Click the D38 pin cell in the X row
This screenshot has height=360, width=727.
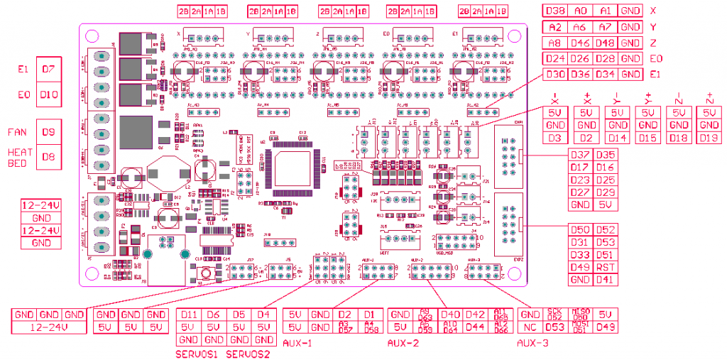[x=556, y=11]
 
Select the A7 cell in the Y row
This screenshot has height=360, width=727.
[x=605, y=27]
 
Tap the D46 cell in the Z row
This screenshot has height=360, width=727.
[x=581, y=43]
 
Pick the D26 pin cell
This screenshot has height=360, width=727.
[x=581, y=58]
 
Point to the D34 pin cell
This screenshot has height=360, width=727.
[x=605, y=75]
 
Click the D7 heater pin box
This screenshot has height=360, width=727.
[x=48, y=69]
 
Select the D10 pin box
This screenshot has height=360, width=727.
[x=48, y=94]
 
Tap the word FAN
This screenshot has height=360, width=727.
[x=17, y=132]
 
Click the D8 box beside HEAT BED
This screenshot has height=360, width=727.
[x=48, y=156]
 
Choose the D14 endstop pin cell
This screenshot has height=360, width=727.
[x=618, y=137]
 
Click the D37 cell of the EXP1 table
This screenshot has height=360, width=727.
[x=580, y=156]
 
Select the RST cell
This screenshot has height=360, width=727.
[x=606, y=267]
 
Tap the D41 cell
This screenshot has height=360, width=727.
[x=606, y=280]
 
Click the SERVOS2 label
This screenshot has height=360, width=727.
[x=248, y=354]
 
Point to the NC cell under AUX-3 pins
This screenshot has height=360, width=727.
[x=529, y=327]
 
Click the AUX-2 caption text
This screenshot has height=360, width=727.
[x=403, y=343]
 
